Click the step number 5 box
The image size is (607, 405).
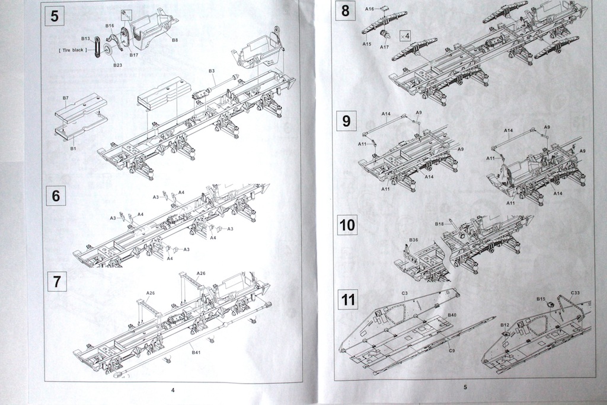tap(55, 15)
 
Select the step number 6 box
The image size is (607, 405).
tap(56, 195)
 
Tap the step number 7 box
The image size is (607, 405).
tap(56, 281)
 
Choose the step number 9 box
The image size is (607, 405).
tap(347, 121)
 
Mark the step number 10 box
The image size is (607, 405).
tap(347, 225)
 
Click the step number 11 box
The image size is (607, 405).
tap(348, 299)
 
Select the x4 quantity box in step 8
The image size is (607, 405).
tap(405, 35)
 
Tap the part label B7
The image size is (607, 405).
tap(66, 97)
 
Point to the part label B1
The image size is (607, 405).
tap(73, 148)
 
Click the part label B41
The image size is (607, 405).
tap(196, 352)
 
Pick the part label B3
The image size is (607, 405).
tap(212, 71)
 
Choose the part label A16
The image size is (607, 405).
tap(370, 9)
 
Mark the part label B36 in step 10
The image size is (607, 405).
tap(413, 240)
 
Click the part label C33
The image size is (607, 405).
tap(576, 293)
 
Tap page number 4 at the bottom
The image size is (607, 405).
tap(172, 390)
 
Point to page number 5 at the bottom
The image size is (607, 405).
tap(465, 387)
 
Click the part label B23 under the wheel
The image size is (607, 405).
tap(118, 65)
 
